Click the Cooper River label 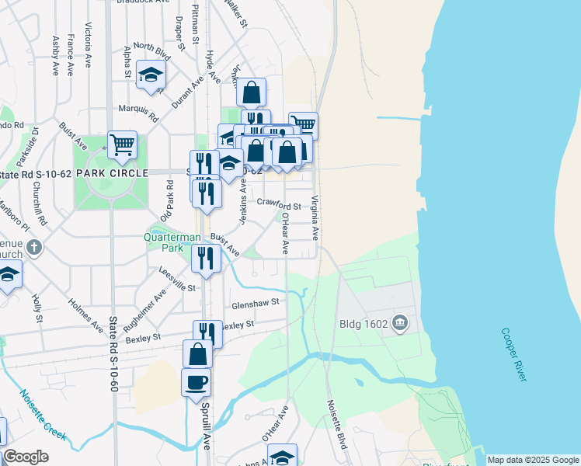[x=514, y=353]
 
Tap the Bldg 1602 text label [x=364, y=322]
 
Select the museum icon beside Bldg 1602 [x=400, y=322]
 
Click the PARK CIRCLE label [x=118, y=172]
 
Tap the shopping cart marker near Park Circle [x=123, y=144]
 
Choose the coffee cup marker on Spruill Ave [x=196, y=382]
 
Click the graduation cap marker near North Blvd [x=151, y=75]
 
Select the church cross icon [x=33, y=248]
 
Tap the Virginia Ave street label [x=315, y=217]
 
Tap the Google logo [x=26, y=457]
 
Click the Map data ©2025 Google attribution [x=533, y=460]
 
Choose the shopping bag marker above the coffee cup [x=198, y=353]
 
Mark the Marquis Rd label [x=137, y=113]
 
